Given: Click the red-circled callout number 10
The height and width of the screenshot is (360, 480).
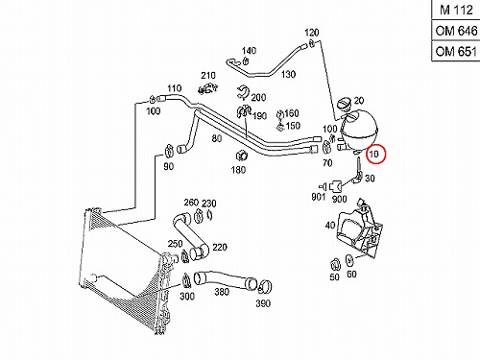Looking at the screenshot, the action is click(x=373, y=155).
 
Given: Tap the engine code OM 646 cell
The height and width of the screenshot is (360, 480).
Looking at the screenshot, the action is click(x=456, y=31).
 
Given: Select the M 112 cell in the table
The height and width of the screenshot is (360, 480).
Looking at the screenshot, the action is click(x=456, y=10).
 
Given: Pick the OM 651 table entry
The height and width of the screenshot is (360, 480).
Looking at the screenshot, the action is click(x=456, y=51).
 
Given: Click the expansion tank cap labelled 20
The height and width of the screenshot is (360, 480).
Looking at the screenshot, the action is click(x=345, y=105).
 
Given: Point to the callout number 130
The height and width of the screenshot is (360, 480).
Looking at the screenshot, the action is click(x=288, y=74).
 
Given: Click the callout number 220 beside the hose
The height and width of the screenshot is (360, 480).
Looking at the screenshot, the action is click(x=220, y=247).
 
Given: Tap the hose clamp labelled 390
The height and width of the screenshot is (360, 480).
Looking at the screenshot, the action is click(x=265, y=286).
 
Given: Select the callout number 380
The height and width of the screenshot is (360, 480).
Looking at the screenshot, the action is click(x=222, y=292).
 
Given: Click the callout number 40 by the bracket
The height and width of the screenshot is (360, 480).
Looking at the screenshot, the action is click(x=330, y=226).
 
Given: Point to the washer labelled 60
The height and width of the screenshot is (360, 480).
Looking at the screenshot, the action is click(x=349, y=260).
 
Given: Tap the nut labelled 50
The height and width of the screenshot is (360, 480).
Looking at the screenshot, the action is click(x=335, y=264).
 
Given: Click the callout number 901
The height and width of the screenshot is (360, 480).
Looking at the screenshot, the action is click(x=319, y=197).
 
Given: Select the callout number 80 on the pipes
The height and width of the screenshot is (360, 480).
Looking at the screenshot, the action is click(x=217, y=138).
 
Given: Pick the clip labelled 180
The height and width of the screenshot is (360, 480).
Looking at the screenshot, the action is click(x=240, y=156).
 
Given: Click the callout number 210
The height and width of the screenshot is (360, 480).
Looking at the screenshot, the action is click(x=208, y=76).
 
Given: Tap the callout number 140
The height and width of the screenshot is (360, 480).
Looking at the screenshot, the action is click(x=249, y=51).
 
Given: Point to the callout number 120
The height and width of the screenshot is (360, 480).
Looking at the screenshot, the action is click(x=312, y=33).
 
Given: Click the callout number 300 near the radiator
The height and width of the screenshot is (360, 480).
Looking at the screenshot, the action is click(x=187, y=296).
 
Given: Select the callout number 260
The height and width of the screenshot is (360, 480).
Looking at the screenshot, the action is click(x=191, y=203).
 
